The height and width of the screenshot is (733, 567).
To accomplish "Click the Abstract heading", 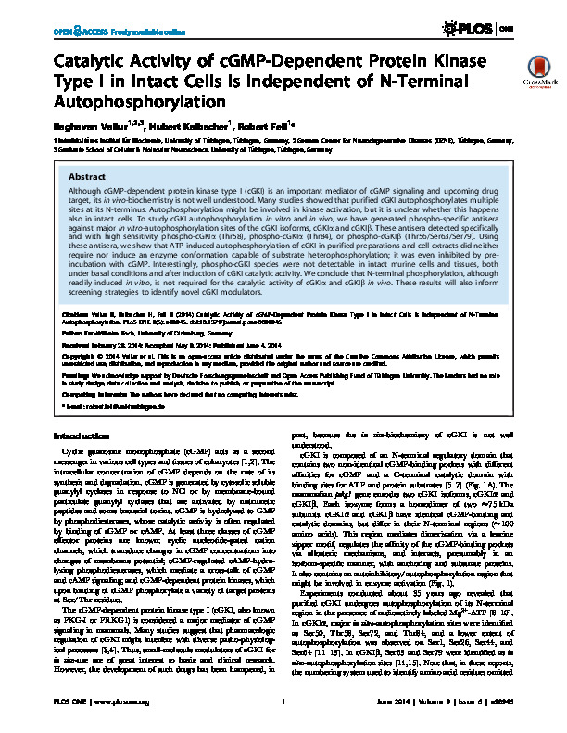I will pos(87,175).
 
